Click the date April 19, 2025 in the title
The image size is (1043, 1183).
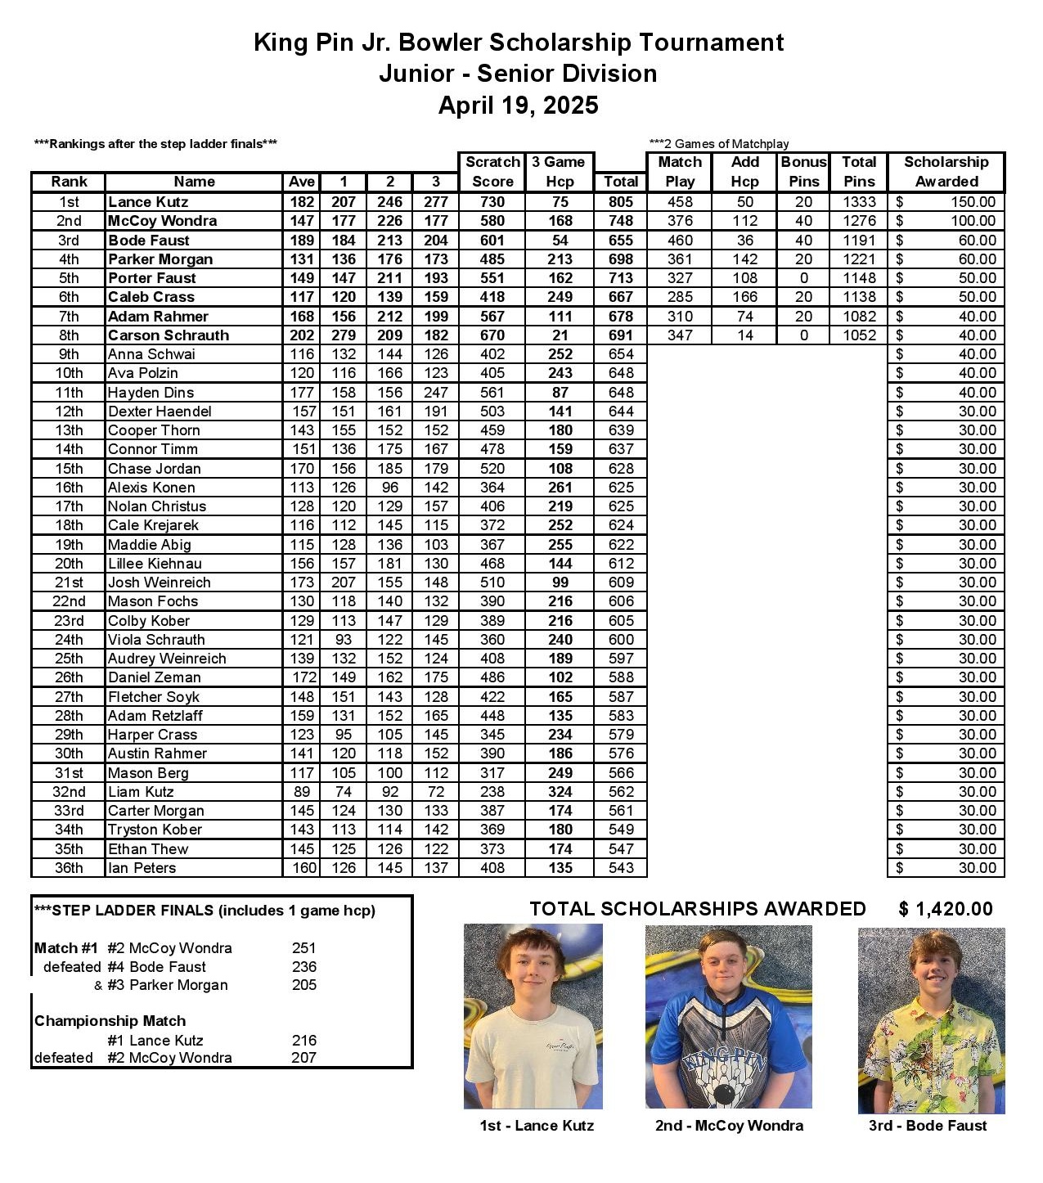[518, 106]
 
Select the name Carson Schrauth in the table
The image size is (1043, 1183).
[169, 335]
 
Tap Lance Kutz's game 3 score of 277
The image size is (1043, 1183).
[436, 202]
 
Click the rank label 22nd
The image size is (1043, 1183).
[69, 601]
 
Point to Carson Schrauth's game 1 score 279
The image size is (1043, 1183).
[344, 335]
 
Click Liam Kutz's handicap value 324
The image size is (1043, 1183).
[560, 792]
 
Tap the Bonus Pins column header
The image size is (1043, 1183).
[803, 172]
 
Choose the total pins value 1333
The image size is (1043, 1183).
[859, 202]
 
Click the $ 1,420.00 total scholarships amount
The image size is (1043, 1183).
[946, 909]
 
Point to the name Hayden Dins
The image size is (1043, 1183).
[151, 393]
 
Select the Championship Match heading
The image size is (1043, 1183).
[110, 1021]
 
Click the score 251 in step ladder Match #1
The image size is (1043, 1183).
[303, 948]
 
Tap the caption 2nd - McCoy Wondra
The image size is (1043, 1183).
[729, 1126]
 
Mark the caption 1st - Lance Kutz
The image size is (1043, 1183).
[537, 1126]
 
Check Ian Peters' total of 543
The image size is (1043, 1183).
[621, 868]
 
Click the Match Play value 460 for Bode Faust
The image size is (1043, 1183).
[680, 241]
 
